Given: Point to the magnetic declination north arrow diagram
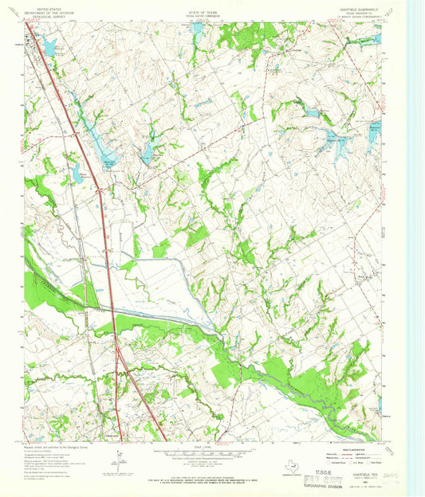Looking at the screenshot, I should click(x=118, y=460).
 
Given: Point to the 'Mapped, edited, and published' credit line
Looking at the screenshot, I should click(x=55, y=448).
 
